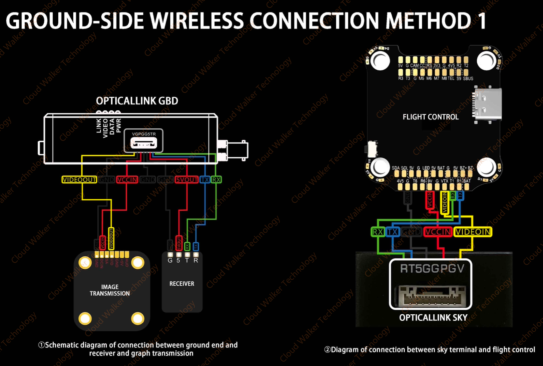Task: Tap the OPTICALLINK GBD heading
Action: click(137, 101)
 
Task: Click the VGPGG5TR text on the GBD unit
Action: click(144, 134)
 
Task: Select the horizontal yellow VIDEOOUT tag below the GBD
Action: click(79, 180)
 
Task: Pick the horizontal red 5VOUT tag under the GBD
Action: click(187, 180)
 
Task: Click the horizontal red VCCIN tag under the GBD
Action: click(127, 180)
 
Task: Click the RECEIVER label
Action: click(182, 284)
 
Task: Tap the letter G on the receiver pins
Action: click(170, 260)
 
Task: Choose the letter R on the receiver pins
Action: click(196, 260)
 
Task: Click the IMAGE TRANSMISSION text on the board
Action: click(110, 290)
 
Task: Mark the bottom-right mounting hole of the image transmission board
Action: click(138, 318)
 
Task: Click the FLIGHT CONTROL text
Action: click(430, 117)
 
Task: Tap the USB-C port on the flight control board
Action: click(488, 104)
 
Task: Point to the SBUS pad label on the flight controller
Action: click(468, 79)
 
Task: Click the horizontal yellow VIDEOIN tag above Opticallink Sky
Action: click(473, 232)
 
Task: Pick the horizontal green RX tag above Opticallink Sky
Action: click(378, 232)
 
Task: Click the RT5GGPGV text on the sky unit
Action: click(432, 269)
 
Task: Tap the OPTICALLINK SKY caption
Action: click(433, 318)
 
